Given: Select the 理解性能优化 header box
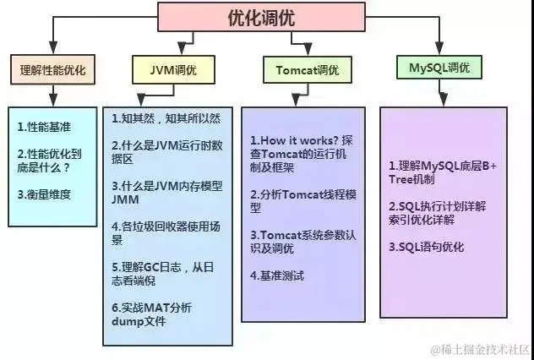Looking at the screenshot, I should coord(53,69).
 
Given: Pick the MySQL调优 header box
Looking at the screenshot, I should coord(439,68).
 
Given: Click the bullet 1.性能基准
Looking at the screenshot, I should coord(40,128).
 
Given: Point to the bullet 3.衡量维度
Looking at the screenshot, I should coord(45,194).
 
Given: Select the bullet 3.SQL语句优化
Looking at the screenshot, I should coord(426,247).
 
